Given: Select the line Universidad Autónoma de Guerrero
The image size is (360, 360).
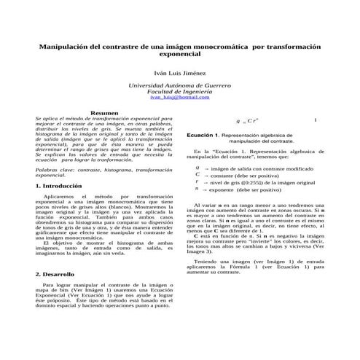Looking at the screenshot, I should coord(179,86).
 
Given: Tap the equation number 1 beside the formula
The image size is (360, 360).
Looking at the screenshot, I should coord(315,120).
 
